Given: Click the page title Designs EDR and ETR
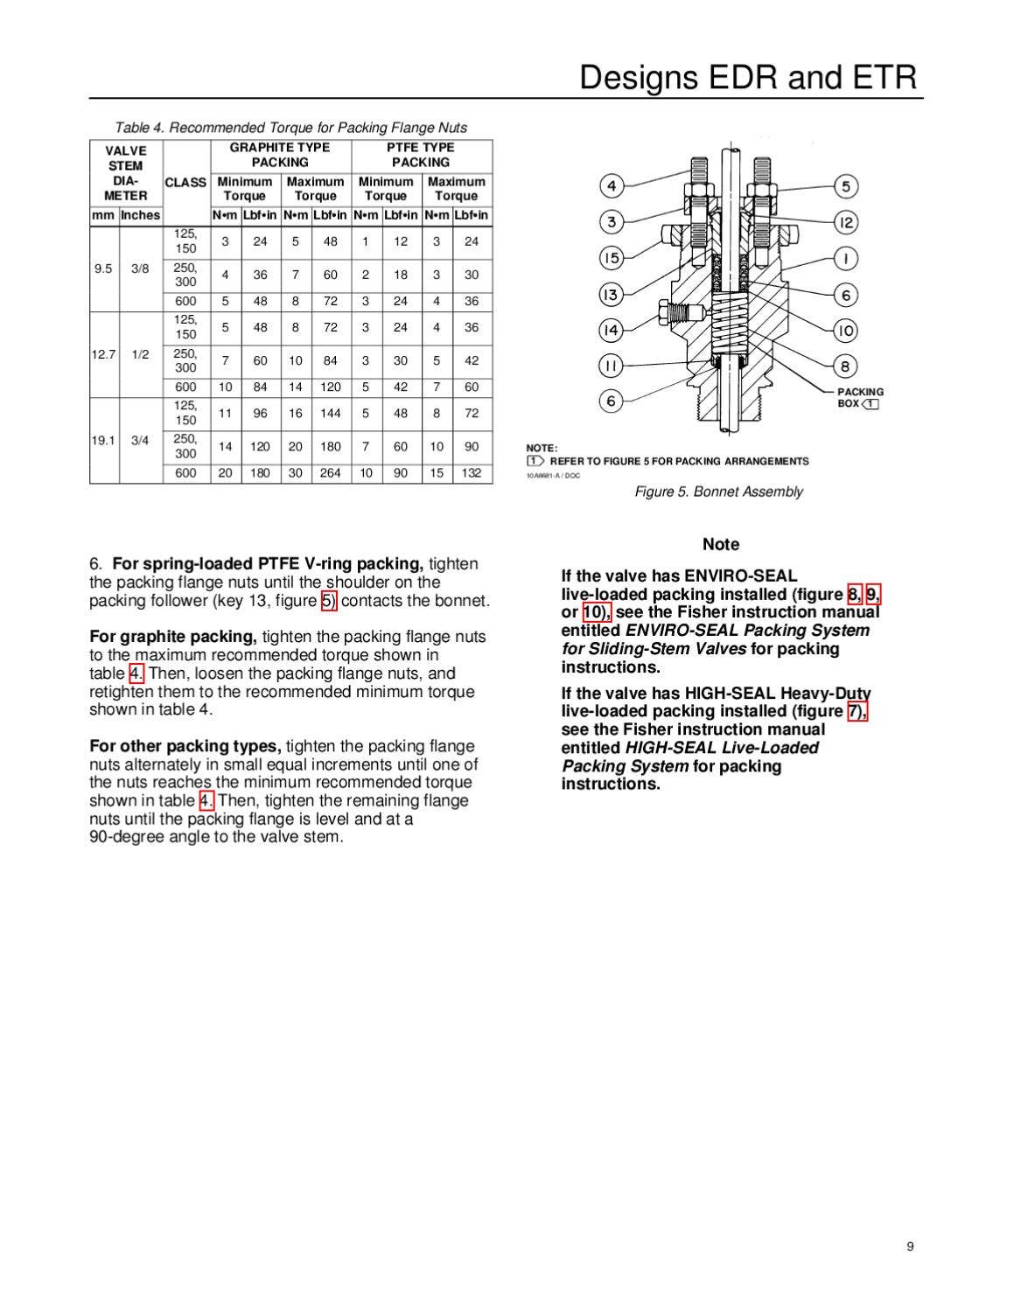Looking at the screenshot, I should [748, 78].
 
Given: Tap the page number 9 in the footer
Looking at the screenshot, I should [910, 1246].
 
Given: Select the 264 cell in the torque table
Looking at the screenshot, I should [331, 473].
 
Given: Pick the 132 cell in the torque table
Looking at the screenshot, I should [472, 473].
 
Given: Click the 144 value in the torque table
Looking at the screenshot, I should [331, 414].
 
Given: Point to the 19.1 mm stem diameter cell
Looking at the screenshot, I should [103, 441].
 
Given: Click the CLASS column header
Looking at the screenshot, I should [185, 182].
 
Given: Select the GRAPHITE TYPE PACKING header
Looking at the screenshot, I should [280, 155].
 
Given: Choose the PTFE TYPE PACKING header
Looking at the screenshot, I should [421, 155].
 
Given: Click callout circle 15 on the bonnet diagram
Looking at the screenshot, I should [612, 258].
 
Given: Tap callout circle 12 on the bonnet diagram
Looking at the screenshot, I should [845, 222].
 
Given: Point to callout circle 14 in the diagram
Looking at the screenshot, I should [612, 330].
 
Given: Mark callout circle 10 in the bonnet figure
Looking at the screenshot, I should [845, 331].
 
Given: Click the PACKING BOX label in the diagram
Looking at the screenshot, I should [859, 398].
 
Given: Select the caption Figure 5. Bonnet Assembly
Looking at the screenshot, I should [718, 492].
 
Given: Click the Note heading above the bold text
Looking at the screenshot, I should [721, 544].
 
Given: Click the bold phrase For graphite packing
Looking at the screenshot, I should [172, 637].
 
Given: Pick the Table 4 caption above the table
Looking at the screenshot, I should [290, 128].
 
